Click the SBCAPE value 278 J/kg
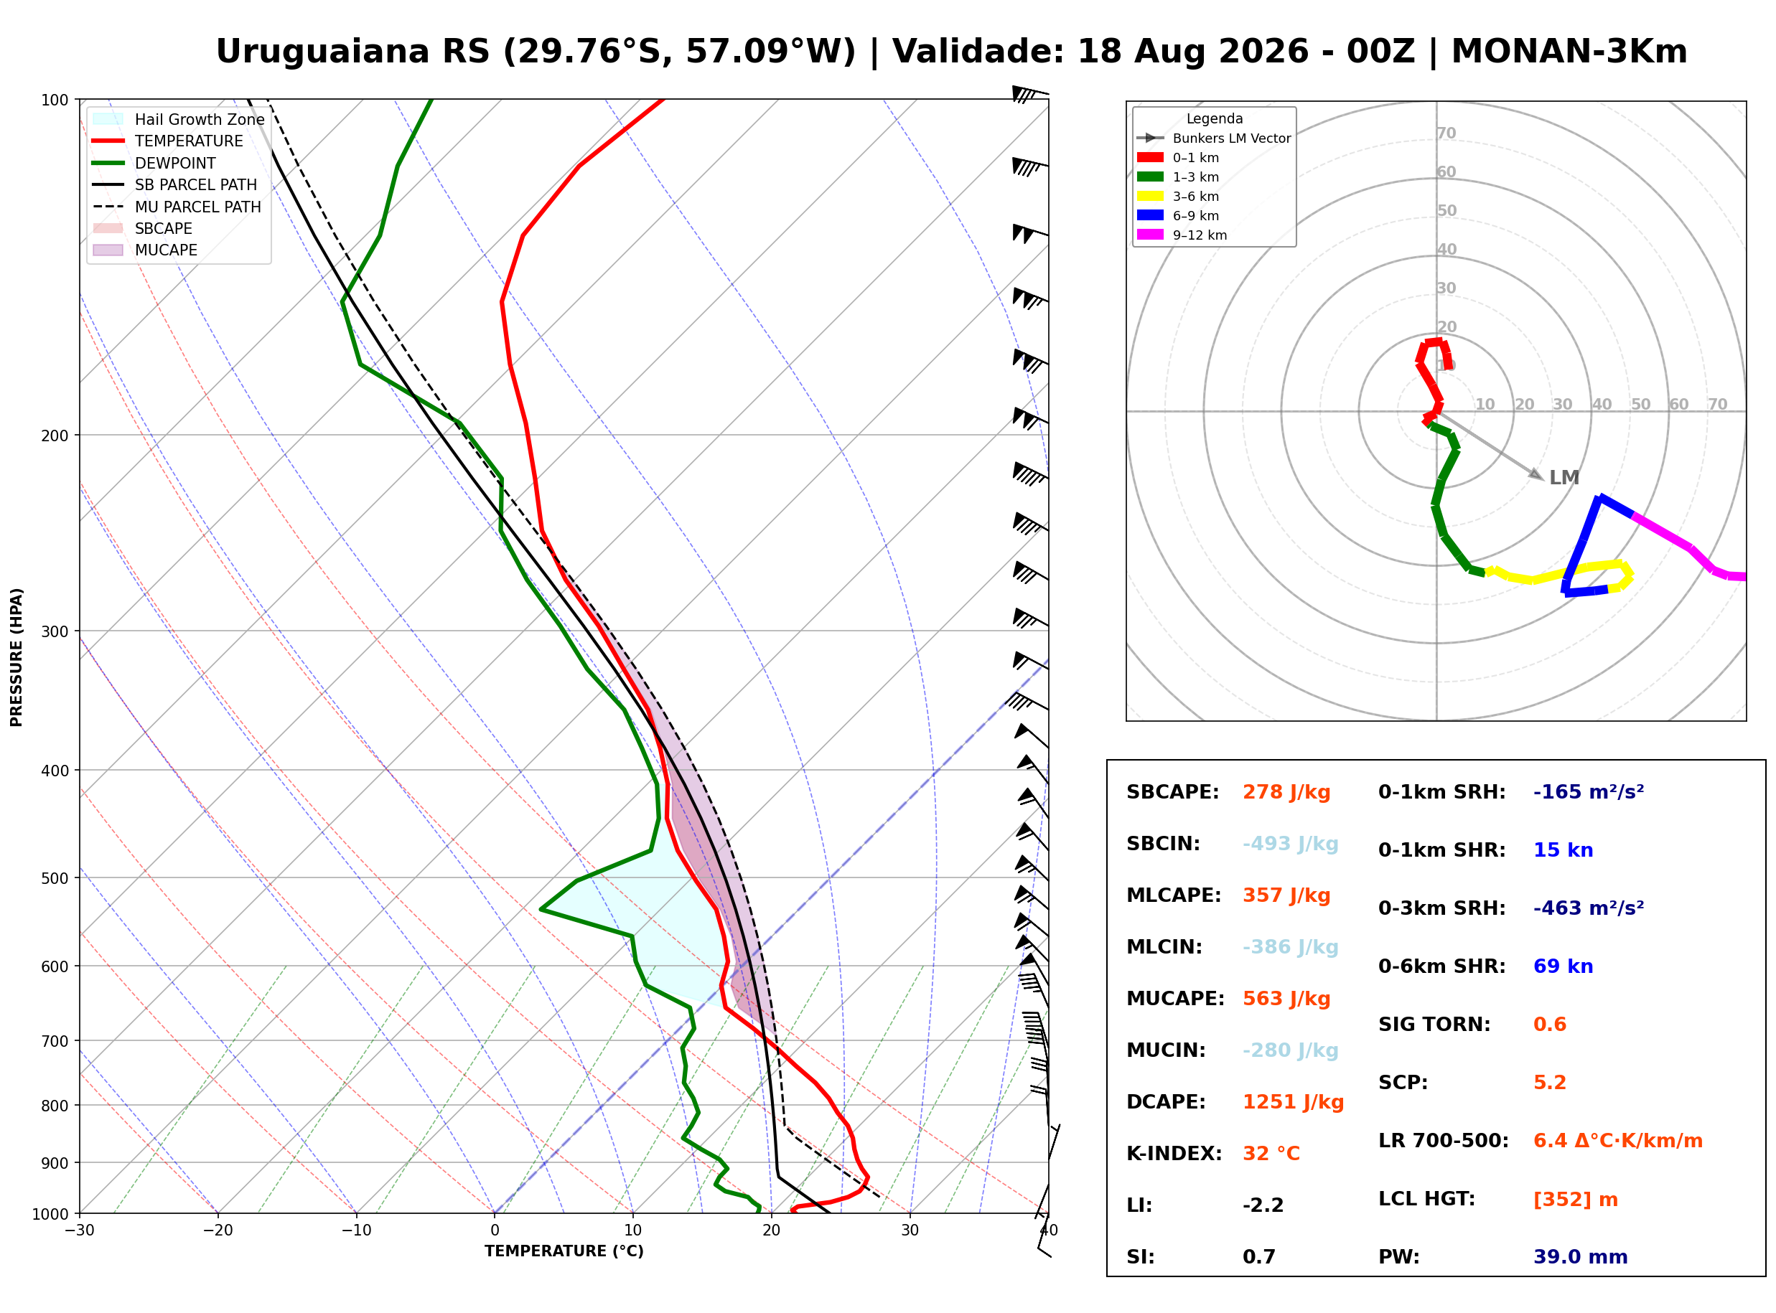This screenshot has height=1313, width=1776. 1286,792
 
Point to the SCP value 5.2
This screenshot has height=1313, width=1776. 1549,1083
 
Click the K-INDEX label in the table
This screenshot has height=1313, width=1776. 1174,1154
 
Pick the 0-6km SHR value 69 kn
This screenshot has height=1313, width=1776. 1563,966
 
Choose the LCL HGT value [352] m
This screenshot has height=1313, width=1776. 1576,1200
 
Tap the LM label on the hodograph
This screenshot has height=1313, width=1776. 1564,478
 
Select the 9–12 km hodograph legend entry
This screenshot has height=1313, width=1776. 1182,235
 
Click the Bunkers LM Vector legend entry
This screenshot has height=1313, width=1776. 1213,138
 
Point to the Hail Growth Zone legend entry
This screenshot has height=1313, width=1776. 178,119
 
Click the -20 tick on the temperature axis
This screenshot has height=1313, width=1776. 218,1230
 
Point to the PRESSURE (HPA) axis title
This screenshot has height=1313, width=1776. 17,657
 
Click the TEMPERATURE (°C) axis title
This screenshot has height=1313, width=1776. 564,1251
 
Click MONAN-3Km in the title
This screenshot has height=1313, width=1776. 1569,52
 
